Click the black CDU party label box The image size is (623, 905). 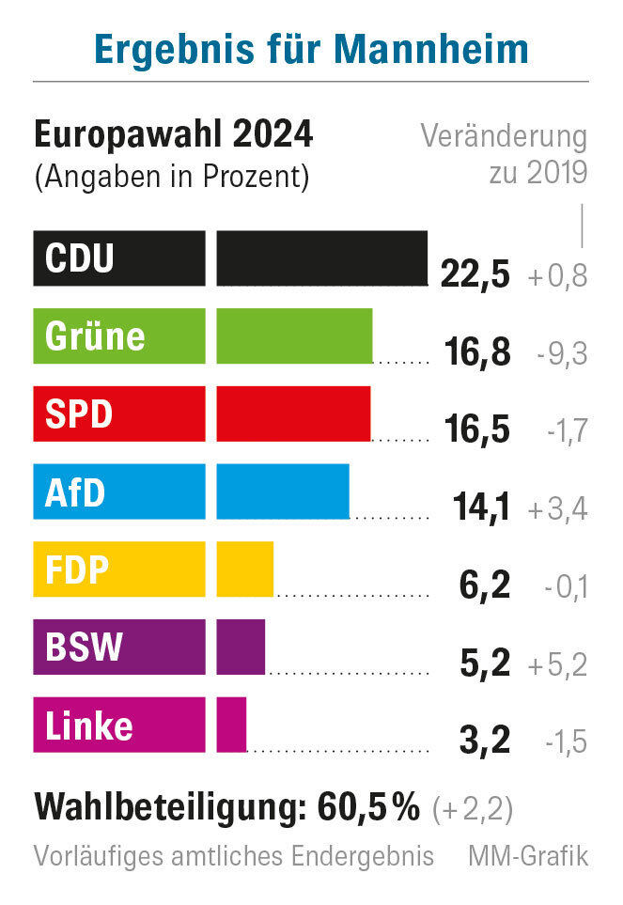(x=118, y=258)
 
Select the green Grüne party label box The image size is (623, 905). (x=118, y=335)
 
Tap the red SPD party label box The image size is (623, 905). (x=118, y=413)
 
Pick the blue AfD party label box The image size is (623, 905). (x=118, y=492)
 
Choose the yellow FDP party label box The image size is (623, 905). (x=118, y=570)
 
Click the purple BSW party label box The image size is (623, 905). (x=118, y=647)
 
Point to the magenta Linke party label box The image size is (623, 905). (x=118, y=725)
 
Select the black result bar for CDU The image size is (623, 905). (x=321, y=258)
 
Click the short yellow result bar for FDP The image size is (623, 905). (x=244, y=570)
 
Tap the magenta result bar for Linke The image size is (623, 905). (x=231, y=725)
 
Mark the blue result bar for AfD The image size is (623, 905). (x=282, y=492)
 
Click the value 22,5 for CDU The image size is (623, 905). (x=475, y=275)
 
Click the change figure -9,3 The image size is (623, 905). (x=563, y=354)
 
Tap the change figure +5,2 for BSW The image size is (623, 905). (x=558, y=665)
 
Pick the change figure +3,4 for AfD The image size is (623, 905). (x=558, y=510)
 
